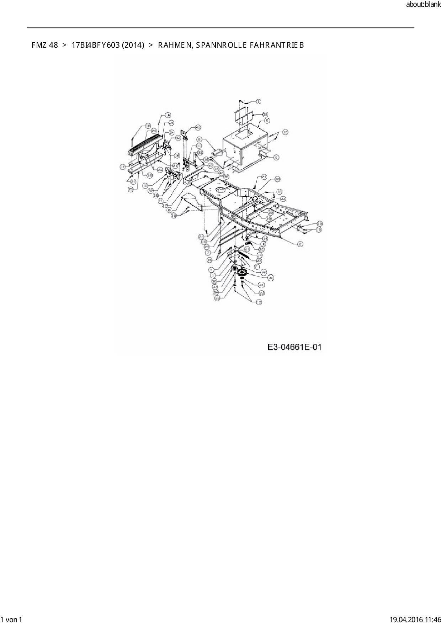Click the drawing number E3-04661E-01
tap(295, 347)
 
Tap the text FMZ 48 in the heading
tap(44, 45)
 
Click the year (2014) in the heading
tap(133, 45)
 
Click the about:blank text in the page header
tap(423, 5)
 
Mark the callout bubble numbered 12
tap(122, 166)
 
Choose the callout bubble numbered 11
tap(198, 146)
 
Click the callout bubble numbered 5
tap(266, 121)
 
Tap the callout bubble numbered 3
tap(258, 102)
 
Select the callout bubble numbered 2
tap(301, 244)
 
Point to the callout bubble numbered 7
tap(207, 253)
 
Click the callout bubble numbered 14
tap(265, 238)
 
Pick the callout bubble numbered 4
tap(211, 270)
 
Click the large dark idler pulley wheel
tap(244, 274)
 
